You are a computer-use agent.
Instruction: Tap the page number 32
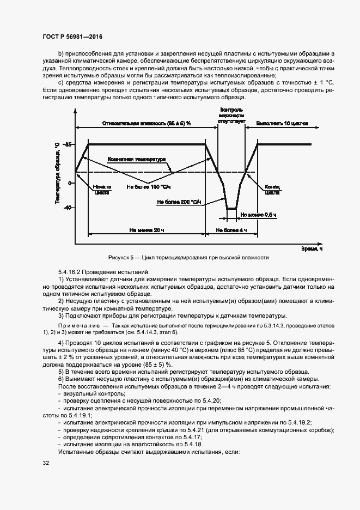(x=46, y=463)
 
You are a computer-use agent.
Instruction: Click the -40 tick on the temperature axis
(x=68, y=208)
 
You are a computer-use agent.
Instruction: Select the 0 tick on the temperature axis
(x=70, y=183)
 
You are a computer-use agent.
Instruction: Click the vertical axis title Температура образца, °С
(x=57, y=173)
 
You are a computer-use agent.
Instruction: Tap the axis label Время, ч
(x=312, y=248)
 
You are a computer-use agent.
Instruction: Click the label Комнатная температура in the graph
(x=136, y=160)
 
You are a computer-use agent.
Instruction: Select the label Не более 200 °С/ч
(x=179, y=202)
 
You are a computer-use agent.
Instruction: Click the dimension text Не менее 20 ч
(x=147, y=230)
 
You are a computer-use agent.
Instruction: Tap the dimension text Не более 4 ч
(x=231, y=230)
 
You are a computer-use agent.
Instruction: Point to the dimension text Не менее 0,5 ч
(x=258, y=215)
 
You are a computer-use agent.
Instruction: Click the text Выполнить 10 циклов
(x=282, y=124)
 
